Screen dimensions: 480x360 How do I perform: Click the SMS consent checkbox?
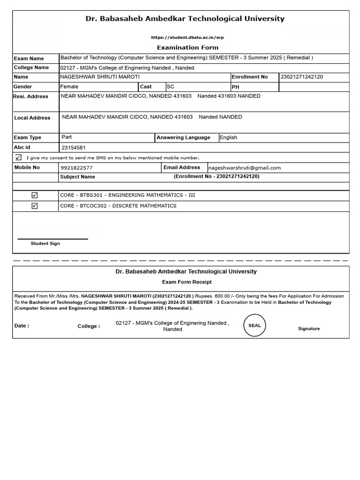[18, 157]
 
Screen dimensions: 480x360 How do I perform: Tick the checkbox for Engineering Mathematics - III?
[35, 195]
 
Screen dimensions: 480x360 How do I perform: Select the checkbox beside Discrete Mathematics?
[35, 206]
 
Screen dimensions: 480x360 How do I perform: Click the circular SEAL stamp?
[255, 325]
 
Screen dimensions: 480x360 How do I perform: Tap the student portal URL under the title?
[184, 37]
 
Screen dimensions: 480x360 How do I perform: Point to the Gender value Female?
[69, 87]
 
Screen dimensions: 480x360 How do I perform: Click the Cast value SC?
[170, 87]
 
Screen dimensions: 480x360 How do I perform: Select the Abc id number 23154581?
[73, 148]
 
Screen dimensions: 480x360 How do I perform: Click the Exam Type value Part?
[67, 137]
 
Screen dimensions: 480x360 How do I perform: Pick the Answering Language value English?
[228, 138]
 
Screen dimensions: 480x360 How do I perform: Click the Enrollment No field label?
[250, 77]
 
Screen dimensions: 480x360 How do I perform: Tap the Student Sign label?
[45, 244]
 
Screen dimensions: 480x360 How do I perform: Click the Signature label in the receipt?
[309, 329]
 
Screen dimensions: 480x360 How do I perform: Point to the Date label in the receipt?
[22, 326]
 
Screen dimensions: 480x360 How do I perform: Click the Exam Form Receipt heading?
[187, 282]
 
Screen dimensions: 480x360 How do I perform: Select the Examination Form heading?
[187, 47]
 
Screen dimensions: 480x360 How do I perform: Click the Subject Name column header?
[77, 177]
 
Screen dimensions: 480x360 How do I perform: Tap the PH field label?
[235, 87]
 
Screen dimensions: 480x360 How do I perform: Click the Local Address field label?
[32, 118]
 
